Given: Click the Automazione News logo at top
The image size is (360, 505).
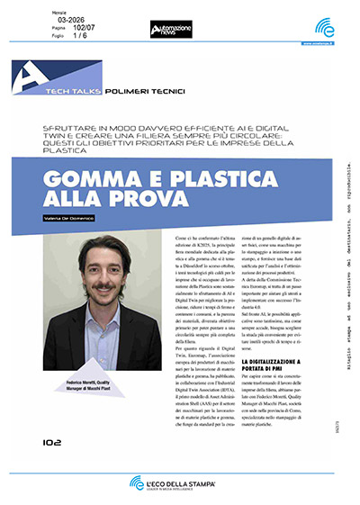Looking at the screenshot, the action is click(171, 30).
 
